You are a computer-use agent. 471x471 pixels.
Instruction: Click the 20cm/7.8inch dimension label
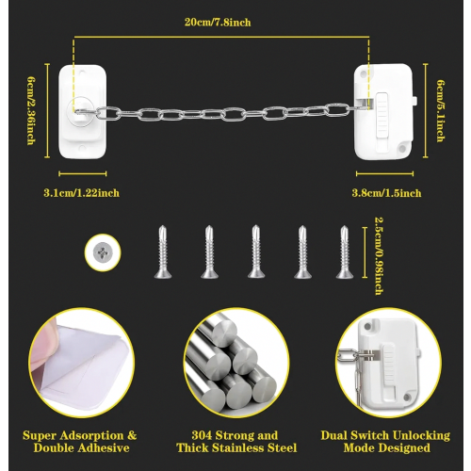pos(218,23)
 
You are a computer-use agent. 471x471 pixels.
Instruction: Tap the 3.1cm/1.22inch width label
pos(82,193)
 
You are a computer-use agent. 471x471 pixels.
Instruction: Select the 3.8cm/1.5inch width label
pos(386,193)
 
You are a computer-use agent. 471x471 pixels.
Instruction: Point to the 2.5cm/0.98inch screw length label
pos(380,256)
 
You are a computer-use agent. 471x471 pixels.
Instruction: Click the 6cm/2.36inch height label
pos(31,111)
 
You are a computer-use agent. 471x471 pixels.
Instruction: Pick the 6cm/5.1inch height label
pos(441,111)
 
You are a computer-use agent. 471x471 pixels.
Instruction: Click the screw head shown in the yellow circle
pos(103,252)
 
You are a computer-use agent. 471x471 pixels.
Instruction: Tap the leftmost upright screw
pos(163,252)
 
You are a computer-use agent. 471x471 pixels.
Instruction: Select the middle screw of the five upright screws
pos(256,252)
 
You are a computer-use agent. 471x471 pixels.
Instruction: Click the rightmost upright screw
pos(345,252)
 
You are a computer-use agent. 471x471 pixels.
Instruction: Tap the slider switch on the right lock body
pos(382,115)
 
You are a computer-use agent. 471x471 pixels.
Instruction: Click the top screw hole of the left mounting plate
pos(83,73)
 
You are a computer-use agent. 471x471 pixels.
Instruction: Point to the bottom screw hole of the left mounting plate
pos(83,148)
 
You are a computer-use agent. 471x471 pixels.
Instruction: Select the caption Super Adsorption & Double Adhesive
pos(80,442)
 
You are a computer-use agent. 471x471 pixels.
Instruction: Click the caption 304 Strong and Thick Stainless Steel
pos(236,442)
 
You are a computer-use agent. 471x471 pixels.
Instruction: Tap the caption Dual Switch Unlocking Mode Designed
pos(385,442)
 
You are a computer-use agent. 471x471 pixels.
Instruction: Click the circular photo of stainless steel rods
pos(236,363)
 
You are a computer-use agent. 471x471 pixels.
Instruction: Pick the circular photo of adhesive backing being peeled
pos(82,363)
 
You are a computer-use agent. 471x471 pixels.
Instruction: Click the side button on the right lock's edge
pos(414,101)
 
